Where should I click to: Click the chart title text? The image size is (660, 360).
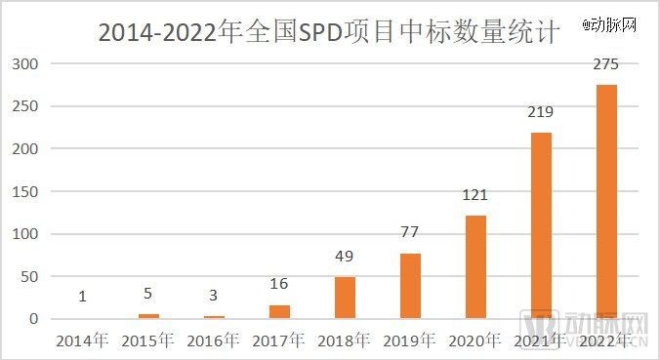click(x=330, y=33)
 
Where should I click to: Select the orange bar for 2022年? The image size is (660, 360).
click(x=606, y=202)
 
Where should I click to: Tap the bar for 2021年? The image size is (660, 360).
click(x=541, y=225)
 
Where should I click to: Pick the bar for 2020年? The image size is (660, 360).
click(x=475, y=267)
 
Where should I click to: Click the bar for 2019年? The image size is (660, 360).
click(x=410, y=286)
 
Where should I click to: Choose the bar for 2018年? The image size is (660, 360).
click(x=345, y=298)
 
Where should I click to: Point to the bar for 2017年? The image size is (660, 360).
click(x=279, y=312)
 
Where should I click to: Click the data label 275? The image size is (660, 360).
click(x=606, y=66)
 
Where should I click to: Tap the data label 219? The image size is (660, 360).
click(x=541, y=113)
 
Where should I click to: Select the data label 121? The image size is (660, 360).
click(x=475, y=196)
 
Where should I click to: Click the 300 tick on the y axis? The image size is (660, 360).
click(x=25, y=64)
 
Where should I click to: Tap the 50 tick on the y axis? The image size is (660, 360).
click(x=29, y=276)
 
